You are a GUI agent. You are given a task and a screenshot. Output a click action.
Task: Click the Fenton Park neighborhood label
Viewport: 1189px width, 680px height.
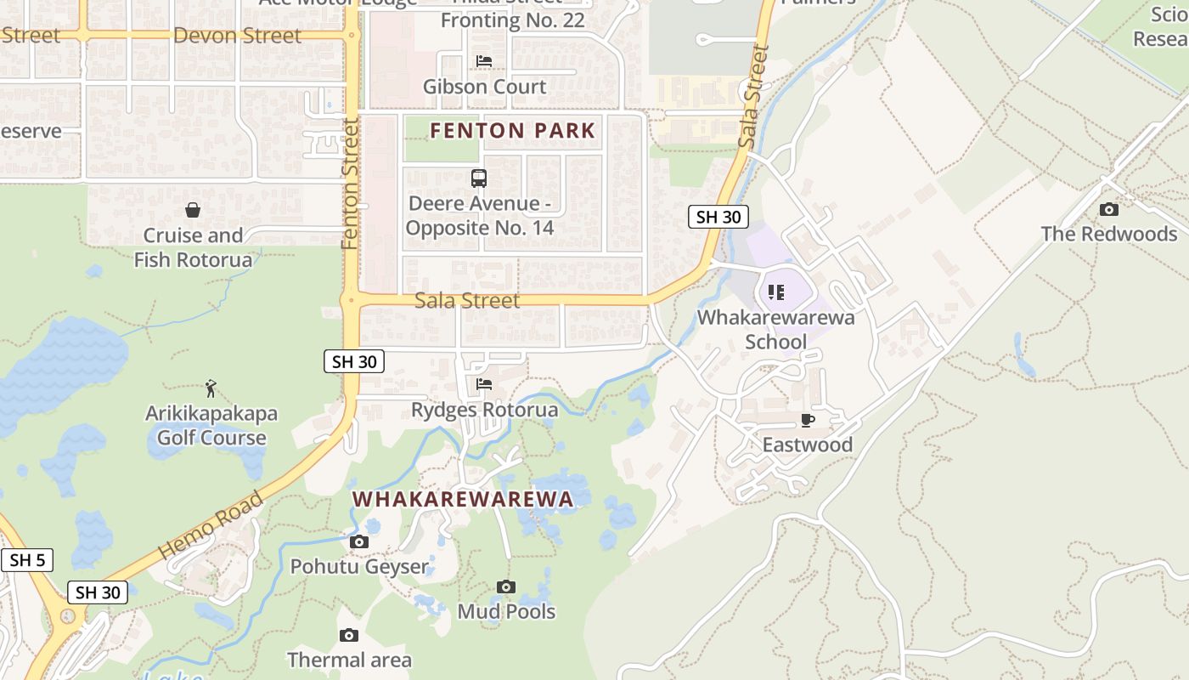[x=512, y=131]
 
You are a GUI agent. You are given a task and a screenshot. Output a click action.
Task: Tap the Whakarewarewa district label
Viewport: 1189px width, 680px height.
[x=463, y=499]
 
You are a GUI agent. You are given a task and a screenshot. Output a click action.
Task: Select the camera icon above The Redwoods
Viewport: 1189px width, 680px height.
[x=1108, y=209]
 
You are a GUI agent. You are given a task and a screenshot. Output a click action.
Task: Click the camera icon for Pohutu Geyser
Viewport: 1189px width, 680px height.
[x=359, y=541]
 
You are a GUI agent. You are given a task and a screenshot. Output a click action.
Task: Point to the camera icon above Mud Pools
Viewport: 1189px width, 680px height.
[x=506, y=586]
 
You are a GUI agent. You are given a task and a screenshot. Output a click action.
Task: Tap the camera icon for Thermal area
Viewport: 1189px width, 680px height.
[x=348, y=635]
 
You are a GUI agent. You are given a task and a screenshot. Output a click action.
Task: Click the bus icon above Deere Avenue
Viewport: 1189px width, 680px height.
[x=479, y=178]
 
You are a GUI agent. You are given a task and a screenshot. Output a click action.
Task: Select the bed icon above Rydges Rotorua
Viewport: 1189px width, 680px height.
[x=484, y=384]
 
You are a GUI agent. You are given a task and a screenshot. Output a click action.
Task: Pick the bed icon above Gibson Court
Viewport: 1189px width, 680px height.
[x=484, y=61]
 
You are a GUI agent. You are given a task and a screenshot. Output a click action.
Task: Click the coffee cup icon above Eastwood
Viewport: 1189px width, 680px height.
[x=807, y=420]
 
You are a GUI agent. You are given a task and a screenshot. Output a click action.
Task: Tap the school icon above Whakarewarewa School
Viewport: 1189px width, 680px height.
[x=775, y=292]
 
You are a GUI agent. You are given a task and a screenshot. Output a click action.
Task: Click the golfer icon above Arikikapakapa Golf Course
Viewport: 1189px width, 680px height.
[x=211, y=388]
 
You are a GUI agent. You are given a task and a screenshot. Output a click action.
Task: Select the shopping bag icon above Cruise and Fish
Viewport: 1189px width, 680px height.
[x=193, y=210]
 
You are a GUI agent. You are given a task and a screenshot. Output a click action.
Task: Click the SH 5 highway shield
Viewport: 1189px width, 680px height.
[x=27, y=560]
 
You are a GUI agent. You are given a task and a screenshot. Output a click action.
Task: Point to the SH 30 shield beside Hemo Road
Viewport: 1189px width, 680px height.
[x=98, y=592]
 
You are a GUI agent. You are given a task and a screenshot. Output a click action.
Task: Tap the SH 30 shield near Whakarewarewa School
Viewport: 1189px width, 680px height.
[x=718, y=217]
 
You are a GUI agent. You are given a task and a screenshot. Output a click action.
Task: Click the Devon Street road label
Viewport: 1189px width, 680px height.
[x=237, y=36]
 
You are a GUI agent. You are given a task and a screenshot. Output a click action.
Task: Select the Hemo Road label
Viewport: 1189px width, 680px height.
[x=211, y=525]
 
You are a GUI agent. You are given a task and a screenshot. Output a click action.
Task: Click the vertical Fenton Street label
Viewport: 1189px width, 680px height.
[x=350, y=184]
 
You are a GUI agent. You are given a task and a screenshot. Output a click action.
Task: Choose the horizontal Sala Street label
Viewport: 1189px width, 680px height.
[x=467, y=301]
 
